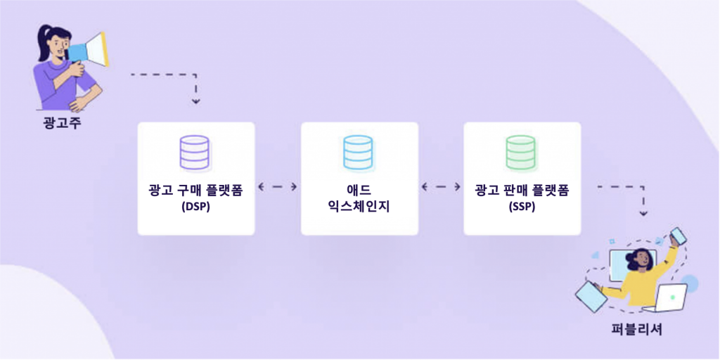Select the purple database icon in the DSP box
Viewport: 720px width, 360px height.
195,152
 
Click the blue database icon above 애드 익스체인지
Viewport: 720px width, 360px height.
359,152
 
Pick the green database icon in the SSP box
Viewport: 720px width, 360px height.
521,152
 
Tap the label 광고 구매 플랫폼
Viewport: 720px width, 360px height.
195,190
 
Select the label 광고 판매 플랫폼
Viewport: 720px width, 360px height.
521,190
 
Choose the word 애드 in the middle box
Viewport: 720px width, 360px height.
359,190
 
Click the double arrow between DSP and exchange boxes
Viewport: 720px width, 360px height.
277,187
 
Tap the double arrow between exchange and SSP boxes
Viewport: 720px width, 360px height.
441,187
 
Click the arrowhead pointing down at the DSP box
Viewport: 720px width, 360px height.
196,101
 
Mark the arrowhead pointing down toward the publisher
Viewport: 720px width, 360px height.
643,212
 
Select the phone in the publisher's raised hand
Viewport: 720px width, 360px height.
679,236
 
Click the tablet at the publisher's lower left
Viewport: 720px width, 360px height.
591,295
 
